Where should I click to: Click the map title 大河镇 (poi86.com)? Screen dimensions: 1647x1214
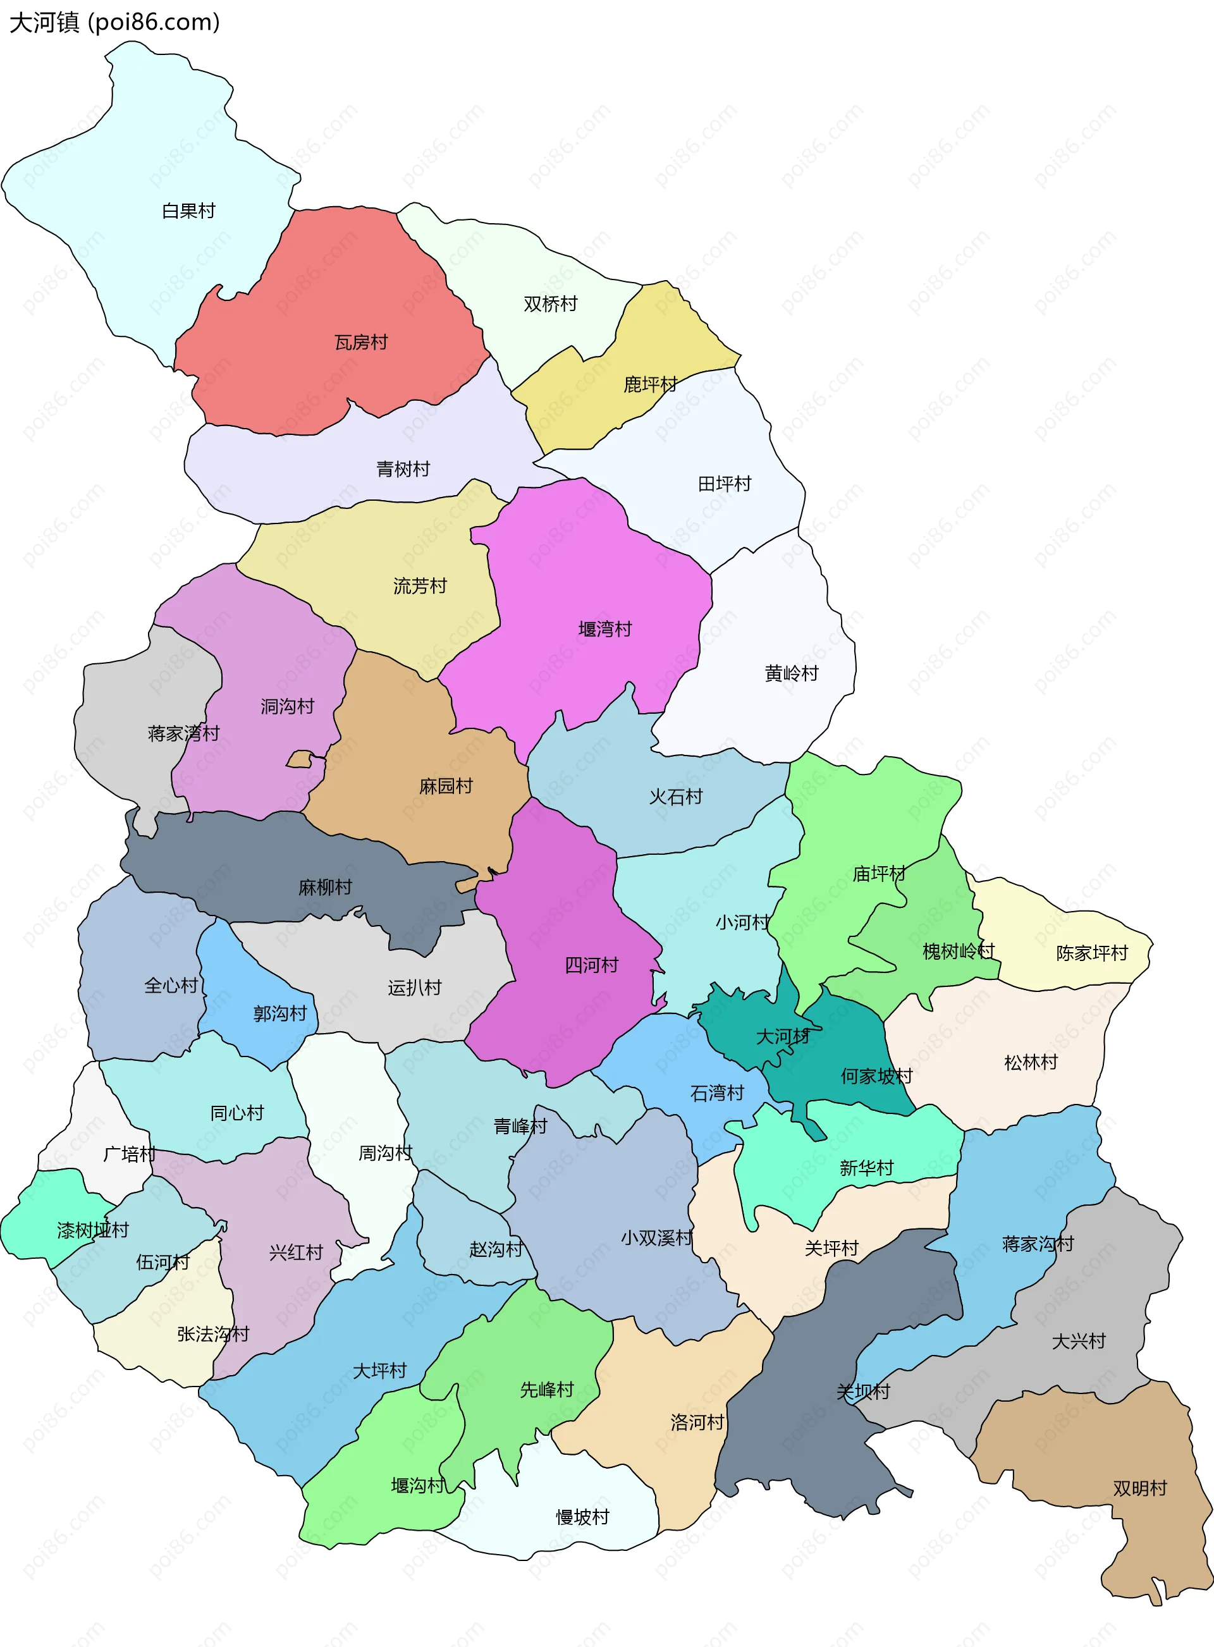pos(114,22)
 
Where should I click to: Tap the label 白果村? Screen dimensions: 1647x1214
pos(188,211)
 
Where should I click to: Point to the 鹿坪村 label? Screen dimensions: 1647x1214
pos(649,384)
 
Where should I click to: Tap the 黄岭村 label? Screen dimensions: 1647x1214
pos(791,673)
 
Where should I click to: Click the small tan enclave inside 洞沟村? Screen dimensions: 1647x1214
pos(299,759)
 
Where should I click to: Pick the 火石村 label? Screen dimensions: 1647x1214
pos(675,797)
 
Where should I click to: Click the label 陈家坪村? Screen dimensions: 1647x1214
pos(1091,953)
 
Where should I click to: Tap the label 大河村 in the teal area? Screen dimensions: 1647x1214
pos(782,1036)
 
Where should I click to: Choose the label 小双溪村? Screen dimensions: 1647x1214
pos(656,1238)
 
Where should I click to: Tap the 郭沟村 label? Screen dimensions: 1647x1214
pos(279,1013)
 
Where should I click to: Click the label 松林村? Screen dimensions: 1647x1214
pos(1030,1062)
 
